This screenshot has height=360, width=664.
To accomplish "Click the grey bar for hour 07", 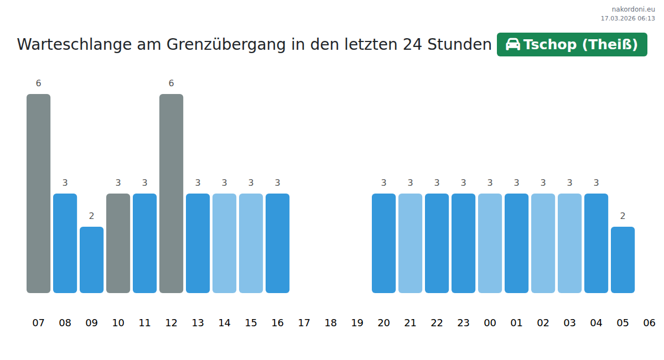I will click(38, 194).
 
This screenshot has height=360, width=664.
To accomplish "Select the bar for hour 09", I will click(91, 260).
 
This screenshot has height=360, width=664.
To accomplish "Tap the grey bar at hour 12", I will click(171, 194).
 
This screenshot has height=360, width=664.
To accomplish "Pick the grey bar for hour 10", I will click(118, 243).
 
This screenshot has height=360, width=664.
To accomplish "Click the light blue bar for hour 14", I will click(224, 243).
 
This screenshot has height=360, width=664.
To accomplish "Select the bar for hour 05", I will click(622, 260).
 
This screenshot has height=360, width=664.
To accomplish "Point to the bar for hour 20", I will click(383, 243).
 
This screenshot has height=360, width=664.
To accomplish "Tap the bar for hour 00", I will click(490, 243).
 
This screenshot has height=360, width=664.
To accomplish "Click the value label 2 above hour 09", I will click(91, 216).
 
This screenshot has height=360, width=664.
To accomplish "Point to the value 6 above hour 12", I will click(171, 84).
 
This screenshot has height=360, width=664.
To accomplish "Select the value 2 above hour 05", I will click(622, 216).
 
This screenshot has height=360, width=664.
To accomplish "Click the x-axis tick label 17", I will click(304, 323).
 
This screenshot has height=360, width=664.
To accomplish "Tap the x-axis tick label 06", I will click(649, 323).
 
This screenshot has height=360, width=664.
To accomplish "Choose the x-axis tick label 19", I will click(357, 323).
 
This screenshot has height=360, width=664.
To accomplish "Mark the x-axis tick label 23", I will click(463, 323).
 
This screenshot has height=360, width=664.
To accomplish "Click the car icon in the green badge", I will click(513, 44).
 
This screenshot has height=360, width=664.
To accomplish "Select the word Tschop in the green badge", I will click(551, 45).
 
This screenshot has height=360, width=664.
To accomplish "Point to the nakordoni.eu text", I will click(633, 9).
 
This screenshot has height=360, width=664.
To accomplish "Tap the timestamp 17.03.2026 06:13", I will click(627, 18).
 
